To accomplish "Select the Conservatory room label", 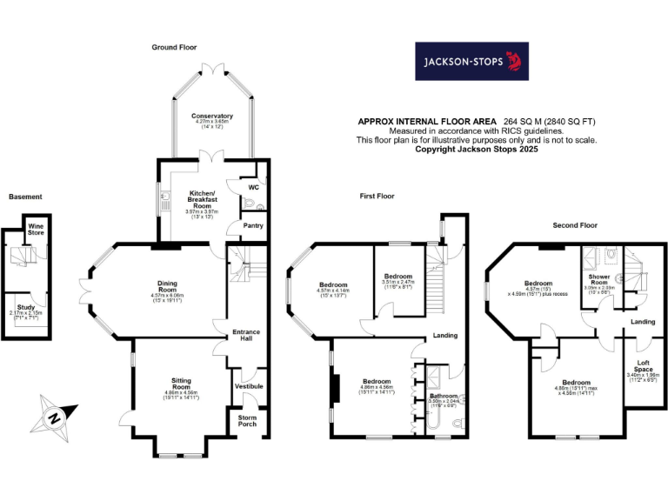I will [x=212, y=116].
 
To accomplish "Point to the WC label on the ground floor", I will [x=253, y=187].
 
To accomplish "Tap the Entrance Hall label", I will [x=246, y=337].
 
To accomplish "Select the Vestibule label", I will [x=248, y=385].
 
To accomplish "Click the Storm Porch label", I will [x=248, y=421].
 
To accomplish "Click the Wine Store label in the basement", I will [x=36, y=230].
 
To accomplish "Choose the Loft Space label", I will [x=644, y=365].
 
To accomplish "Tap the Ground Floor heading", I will [x=174, y=46].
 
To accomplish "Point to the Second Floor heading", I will [x=576, y=225].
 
